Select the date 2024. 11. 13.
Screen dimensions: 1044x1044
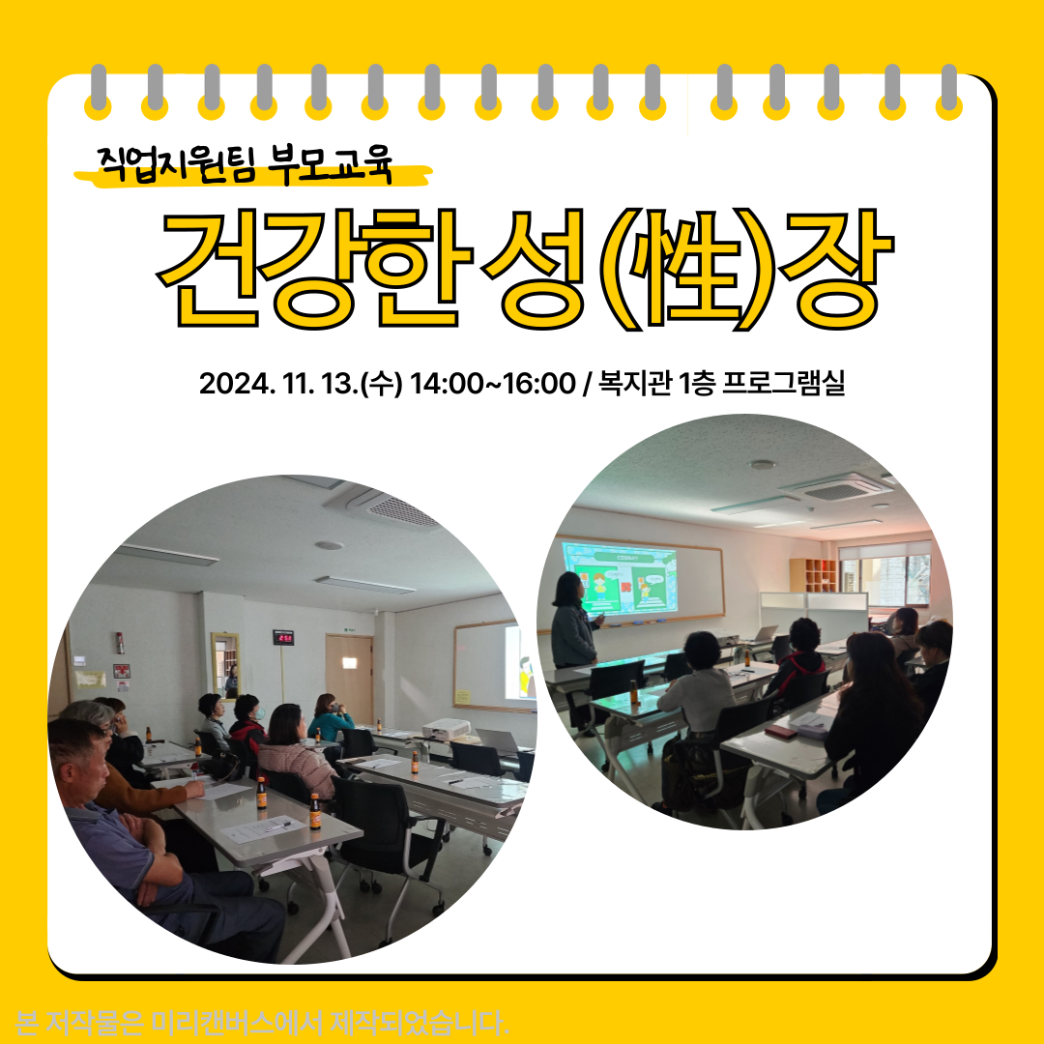[278, 384]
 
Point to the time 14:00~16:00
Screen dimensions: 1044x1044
[492, 384]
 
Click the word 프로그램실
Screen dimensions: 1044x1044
[783, 383]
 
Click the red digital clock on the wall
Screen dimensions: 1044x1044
[283, 637]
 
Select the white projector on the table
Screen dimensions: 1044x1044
[446, 729]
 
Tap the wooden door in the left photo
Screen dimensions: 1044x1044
[350, 678]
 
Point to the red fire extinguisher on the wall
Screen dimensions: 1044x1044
[120, 643]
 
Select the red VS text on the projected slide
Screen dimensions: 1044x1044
[625, 588]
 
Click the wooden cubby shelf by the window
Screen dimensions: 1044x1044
[814, 575]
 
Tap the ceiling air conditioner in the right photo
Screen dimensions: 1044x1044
[835, 489]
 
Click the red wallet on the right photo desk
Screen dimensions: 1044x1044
[781, 731]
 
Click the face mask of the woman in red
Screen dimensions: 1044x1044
[259, 713]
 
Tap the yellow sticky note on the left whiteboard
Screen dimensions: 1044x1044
[462, 697]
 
